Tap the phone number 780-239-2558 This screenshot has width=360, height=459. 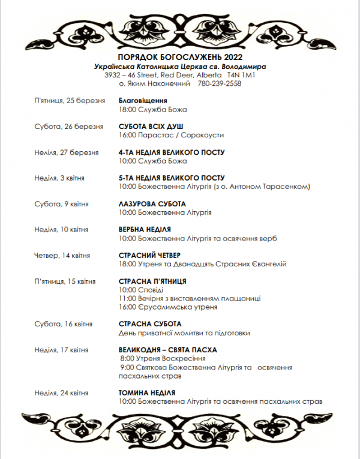[219, 84]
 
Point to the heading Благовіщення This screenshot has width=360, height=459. [143, 100]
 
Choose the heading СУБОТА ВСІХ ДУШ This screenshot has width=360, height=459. [151, 126]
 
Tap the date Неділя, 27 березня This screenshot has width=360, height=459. [67, 152]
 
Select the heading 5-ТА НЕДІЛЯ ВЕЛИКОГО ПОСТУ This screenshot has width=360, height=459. [172, 178]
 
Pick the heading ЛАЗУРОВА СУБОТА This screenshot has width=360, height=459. [152, 204]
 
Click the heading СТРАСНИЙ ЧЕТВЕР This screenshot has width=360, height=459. [150, 256]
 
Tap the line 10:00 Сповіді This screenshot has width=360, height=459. [137, 290]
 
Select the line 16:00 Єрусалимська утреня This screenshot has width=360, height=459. [168, 307]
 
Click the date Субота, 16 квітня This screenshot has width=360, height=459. [64, 324]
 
